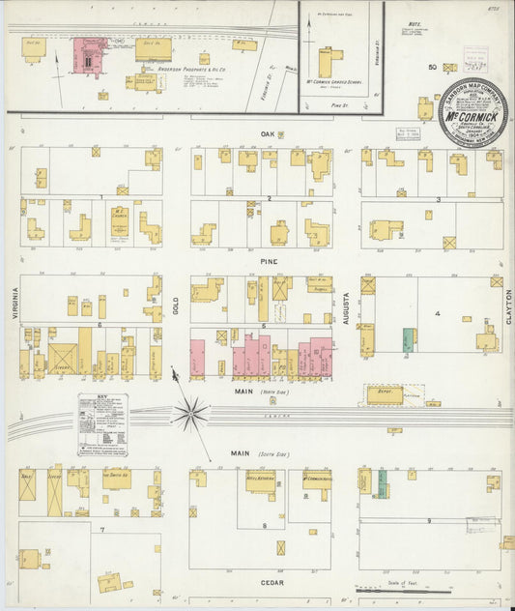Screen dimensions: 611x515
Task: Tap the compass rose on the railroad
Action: click(x=190, y=414)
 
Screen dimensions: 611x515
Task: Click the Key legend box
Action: click(x=103, y=423)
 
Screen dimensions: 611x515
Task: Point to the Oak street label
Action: click(x=267, y=134)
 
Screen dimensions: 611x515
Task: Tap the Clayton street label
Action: click(x=507, y=306)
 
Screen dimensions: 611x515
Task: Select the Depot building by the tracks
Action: click(x=385, y=395)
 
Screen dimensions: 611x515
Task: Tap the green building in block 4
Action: click(x=409, y=339)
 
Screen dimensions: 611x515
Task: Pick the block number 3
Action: click(x=438, y=199)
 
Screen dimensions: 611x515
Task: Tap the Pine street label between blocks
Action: click(x=269, y=261)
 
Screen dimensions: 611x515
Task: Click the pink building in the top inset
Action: click(x=90, y=55)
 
